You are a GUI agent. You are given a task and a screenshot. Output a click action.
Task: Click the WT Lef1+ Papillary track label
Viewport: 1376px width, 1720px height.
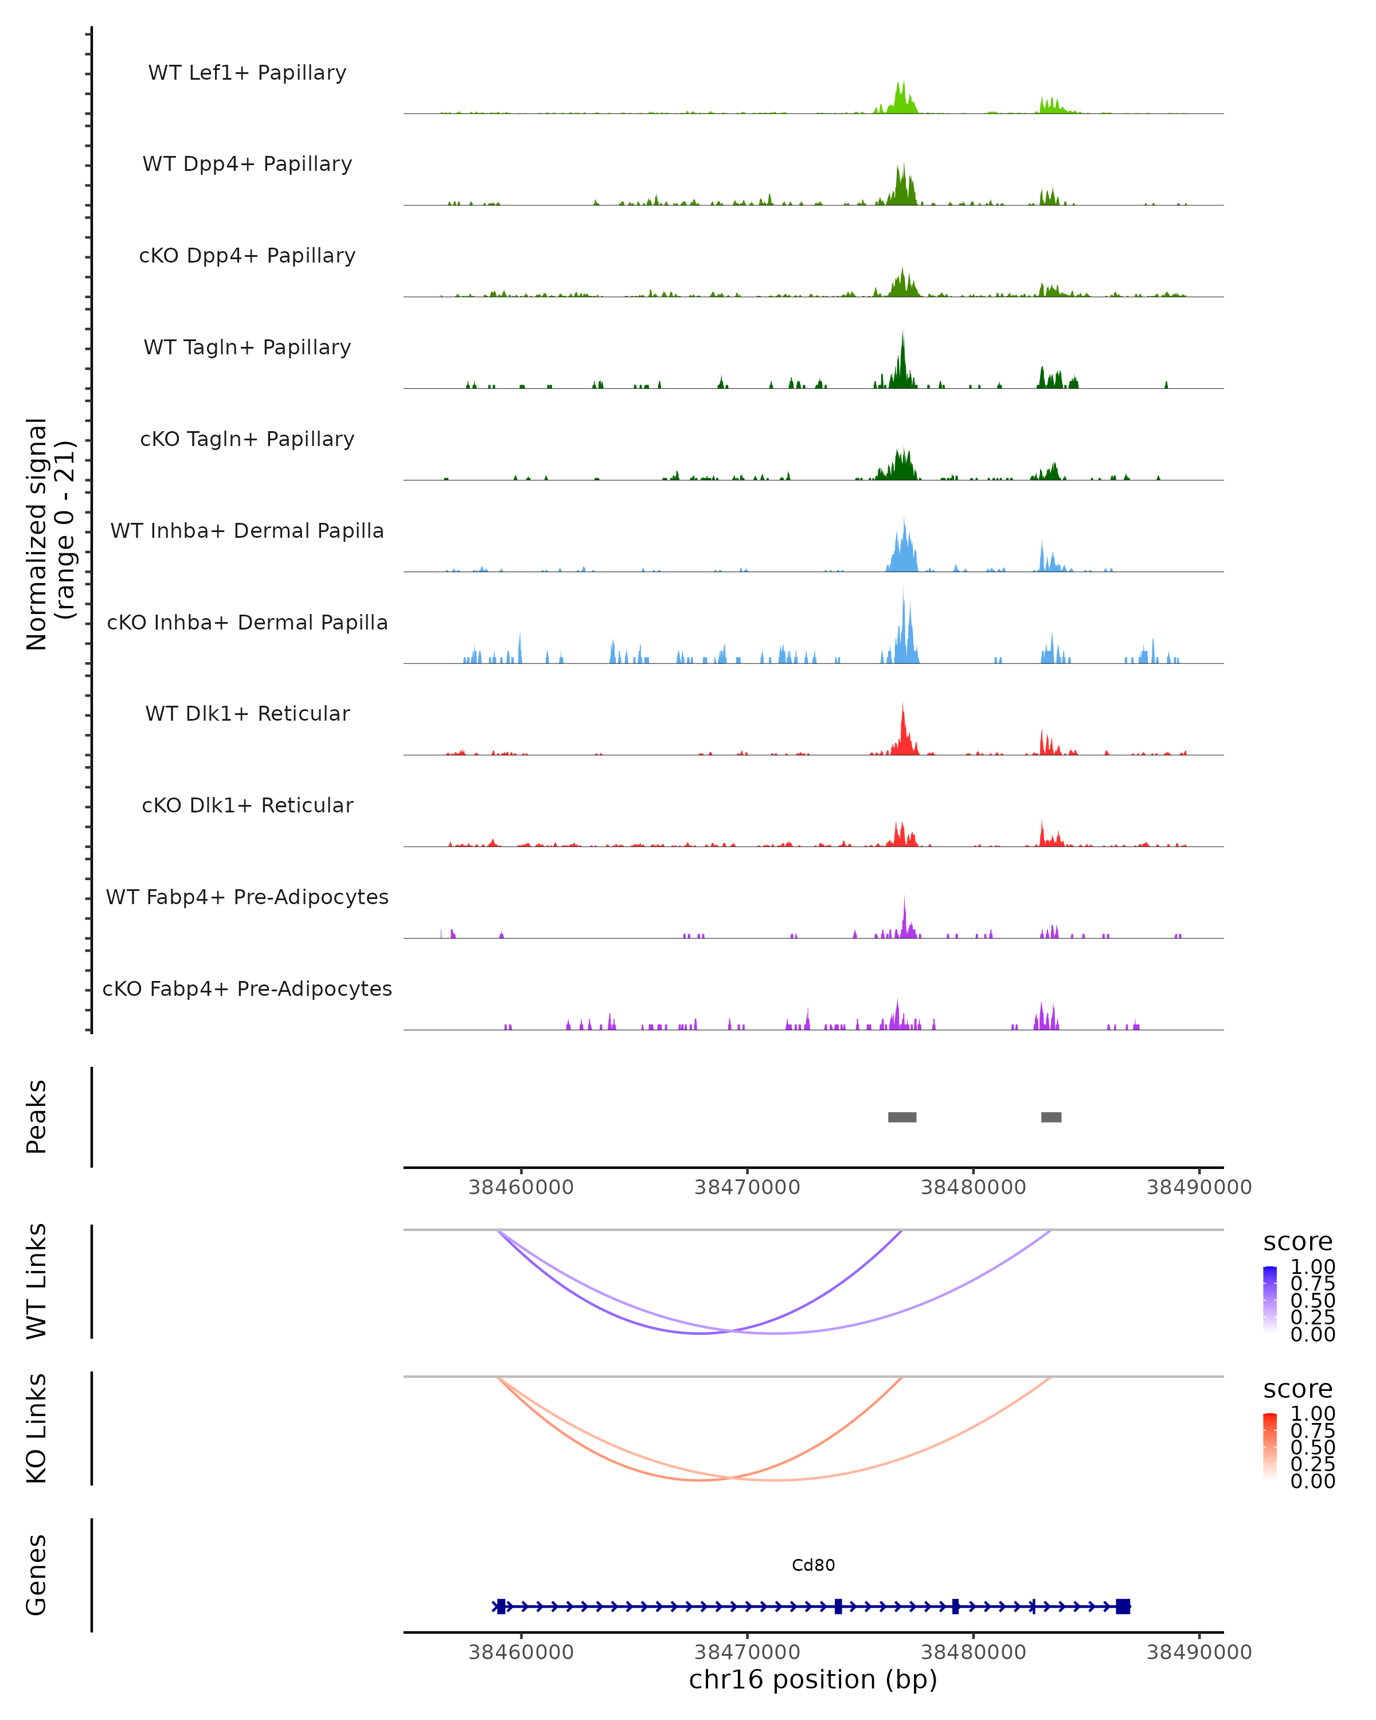247,73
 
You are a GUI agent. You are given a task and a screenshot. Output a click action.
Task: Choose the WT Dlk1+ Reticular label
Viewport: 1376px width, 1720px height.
247,713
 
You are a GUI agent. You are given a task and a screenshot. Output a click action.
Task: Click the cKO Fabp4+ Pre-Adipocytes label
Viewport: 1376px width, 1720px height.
247,988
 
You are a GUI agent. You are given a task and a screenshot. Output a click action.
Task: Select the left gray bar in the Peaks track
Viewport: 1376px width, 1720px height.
902,1117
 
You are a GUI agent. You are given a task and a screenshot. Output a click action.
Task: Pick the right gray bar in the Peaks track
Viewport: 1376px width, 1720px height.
1051,1117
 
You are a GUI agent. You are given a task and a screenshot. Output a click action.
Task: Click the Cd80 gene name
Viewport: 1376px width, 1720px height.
813,1565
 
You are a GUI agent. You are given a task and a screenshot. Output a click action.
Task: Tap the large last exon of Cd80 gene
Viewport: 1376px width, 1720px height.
1123,1606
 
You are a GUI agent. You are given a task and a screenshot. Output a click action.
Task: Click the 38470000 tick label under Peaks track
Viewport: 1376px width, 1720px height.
748,1187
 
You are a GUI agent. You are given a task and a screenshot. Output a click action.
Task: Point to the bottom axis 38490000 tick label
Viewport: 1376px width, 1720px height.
1199,1652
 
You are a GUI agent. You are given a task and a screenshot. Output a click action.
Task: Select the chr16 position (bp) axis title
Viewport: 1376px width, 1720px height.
813,1680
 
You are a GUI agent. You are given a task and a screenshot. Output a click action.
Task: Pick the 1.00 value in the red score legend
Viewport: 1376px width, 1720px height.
1313,1414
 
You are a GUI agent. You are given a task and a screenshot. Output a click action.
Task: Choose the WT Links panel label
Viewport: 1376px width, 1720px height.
37,1281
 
